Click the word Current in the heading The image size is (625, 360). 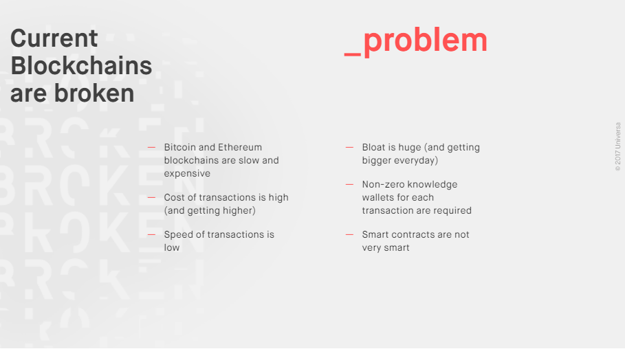(x=54, y=38)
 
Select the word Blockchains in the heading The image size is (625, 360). (x=81, y=66)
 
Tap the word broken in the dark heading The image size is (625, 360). (x=94, y=93)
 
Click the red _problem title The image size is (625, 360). (x=416, y=41)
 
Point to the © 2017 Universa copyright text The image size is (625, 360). (x=618, y=147)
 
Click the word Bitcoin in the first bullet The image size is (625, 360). (x=180, y=147)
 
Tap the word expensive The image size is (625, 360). (x=187, y=174)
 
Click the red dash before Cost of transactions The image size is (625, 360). (x=151, y=198)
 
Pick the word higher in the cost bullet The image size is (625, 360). (x=237, y=211)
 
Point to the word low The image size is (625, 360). (x=172, y=248)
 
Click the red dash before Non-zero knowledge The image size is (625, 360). (x=349, y=184)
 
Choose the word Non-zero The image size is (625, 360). (x=384, y=184)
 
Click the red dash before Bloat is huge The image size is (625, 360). (x=349, y=147)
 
